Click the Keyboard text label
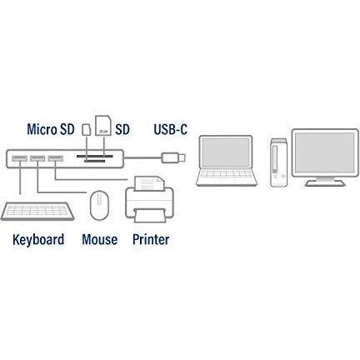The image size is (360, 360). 38,239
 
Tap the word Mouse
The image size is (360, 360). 99,239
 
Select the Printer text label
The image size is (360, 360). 151,239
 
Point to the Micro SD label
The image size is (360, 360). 51,129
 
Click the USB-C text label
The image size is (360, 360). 170,129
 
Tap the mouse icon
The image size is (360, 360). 99,205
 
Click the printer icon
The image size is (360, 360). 150,199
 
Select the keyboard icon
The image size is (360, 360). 37,211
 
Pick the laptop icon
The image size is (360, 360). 227,161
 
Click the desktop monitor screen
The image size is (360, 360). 324,152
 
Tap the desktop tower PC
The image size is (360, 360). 278,162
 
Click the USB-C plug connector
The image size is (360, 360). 173,157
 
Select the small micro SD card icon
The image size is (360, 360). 87,130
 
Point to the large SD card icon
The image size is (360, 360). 103,126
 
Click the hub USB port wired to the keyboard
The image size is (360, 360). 19,158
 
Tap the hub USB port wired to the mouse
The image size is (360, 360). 37,158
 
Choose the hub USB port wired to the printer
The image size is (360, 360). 55,158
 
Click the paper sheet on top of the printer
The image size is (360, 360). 149,183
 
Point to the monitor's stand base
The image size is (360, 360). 325,183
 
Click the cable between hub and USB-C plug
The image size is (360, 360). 142,158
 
